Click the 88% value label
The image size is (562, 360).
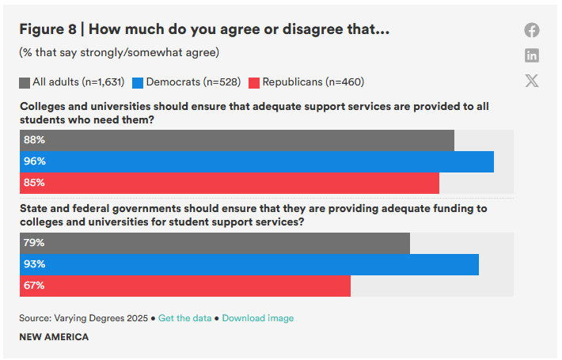click(34, 140)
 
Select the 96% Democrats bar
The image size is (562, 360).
click(256, 161)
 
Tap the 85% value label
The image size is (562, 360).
click(34, 183)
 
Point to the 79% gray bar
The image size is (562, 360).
click(215, 243)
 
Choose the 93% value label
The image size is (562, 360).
click(34, 264)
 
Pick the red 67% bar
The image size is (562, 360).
click(185, 286)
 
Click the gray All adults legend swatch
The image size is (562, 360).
click(25, 82)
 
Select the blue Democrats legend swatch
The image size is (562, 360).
click(138, 82)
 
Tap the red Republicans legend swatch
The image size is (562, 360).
click(254, 82)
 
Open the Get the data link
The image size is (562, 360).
click(185, 318)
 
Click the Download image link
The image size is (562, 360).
click(257, 318)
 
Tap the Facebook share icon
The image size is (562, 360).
click(532, 30)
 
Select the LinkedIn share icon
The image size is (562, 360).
click(532, 55)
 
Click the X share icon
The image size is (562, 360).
click(532, 81)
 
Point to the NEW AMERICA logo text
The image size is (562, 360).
click(54, 337)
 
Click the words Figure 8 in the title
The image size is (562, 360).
click(47, 29)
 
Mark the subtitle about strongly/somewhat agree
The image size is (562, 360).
click(119, 53)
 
